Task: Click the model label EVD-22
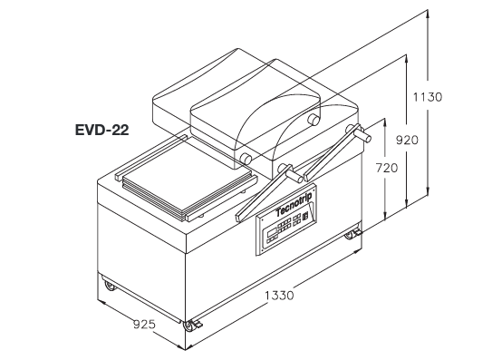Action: coord(102,130)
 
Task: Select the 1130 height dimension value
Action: coord(428,97)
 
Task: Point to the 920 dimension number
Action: coord(407,140)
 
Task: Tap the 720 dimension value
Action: coord(387,168)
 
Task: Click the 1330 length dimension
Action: coord(279,296)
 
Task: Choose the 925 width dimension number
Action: coord(144,324)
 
